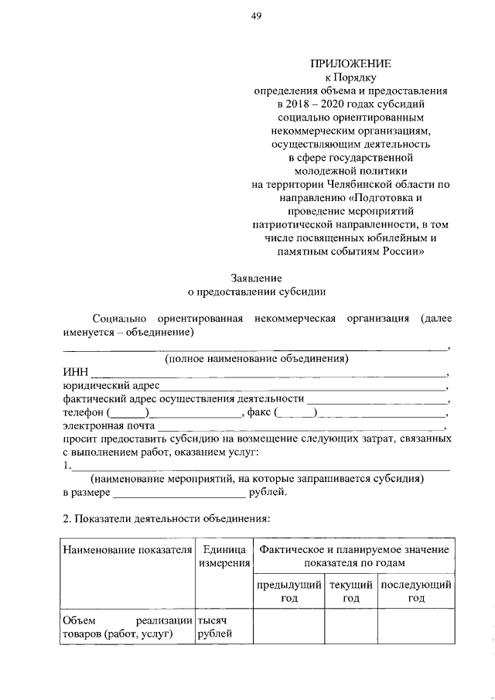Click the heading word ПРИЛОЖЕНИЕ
pyautogui.click(x=351, y=64)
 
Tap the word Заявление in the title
pyautogui.click(x=257, y=278)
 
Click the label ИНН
pyautogui.click(x=76, y=371)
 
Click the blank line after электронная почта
pyautogui.click(x=301, y=426)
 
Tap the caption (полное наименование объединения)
pyautogui.click(x=256, y=358)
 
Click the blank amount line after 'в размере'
pyautogui.click(x=179, y=493)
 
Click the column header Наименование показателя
pyautogui.click(x=127, y=549)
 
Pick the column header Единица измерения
pyautogui.click(x=223, y=556)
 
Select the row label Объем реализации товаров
pyautogui.click(x=127, y=627)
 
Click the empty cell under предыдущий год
pyautogui.click(x=289, y=627)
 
